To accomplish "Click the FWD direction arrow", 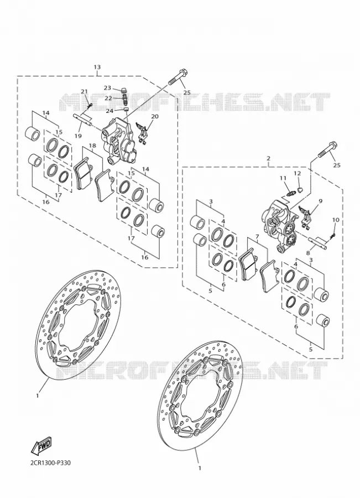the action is pyautogui.click(x=41, y=445).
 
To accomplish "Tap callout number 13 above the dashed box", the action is pyautogui.click(x=97, y=67).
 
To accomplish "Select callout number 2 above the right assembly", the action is pyautogui.click(x=269, y=158).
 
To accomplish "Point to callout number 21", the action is pyautogui.click(x=84, y=92).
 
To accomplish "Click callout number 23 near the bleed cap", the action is pyautogui.click(x=108, y=88).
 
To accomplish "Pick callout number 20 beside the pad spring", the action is pyautogui.click(x=155, y=117).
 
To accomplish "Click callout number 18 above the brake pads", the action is pyautogui.click(x=92, y=146).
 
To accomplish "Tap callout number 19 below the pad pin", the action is pyautogui.click(x=79, y=136).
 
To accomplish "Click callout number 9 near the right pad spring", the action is pyautogui.click(x=320, y=201).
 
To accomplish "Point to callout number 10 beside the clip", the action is pyautogui.click(x=336, y=220).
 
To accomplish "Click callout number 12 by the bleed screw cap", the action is pyautogui.click(x=297, y=173).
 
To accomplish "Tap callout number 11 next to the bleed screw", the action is pyautogui.click(x=283, y=179).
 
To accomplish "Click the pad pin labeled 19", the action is pyautogui.click(x=84, y=119).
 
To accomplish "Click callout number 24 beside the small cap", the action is pyautogui.click(x=109, y=111).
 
